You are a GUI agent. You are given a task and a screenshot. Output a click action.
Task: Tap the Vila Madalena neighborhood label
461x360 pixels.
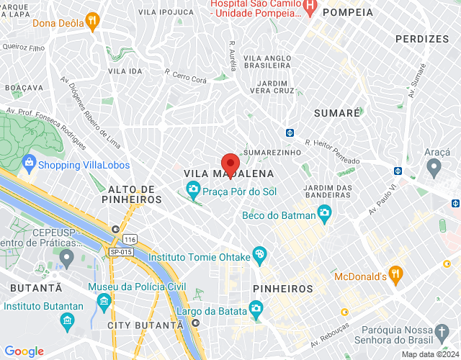[x=229, y=174]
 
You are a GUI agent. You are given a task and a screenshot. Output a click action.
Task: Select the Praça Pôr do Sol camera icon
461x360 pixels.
[x=193, y=190]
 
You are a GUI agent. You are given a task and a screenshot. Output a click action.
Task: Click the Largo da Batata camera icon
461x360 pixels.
[x=256, y=309]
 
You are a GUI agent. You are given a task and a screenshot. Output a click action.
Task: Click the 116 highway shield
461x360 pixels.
[x=130, y=238]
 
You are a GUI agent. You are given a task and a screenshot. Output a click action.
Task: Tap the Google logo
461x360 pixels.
[x=24, y=351]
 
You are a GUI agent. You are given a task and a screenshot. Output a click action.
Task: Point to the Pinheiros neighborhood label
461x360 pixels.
[x=283, y=289]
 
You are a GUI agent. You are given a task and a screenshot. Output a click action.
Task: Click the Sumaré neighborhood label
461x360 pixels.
[x=337, y=113]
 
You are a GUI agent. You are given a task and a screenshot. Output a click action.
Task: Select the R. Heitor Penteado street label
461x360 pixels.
[x=332, y=148]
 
